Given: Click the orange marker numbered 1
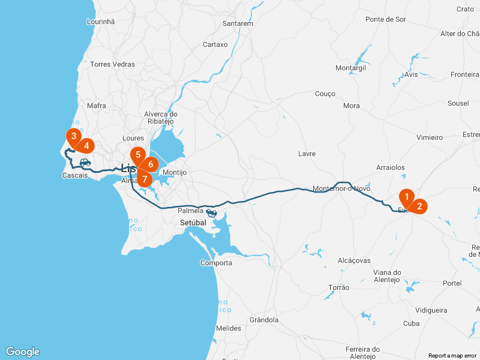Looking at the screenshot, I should pyautogui.click(x=407, y=197).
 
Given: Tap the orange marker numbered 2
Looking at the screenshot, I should pyautogui.click(x=419, y=206).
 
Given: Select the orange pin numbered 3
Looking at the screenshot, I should pyautogui.click(x=73, y=136).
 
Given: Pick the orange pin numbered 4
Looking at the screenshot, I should pyautogui.click(x=86, y=146).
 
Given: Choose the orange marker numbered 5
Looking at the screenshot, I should pyautogui.click(x=138, y=155).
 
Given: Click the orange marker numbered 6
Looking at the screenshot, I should pyautogui.click(x=151, y=164).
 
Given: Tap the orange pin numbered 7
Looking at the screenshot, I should pyautogui.click(x=145, y=178).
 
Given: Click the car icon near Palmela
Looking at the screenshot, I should pyautogui.click(x=211, y=212).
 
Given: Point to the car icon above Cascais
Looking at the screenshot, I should pyautogui.click(x=85, y=162).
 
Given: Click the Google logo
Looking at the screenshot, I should pyautogui.click(x=22, y=352).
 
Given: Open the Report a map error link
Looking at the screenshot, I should pyautogui.click(x=452, y=355).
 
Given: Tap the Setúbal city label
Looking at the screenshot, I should pyautogui.click(x=193, y=223).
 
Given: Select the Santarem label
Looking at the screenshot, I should pyautogui.click(x=238, y=23).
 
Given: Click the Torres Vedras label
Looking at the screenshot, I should pyautogui.click(x=112, y=64).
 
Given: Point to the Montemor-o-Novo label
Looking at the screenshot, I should pyautogui.click(x=341, y=188).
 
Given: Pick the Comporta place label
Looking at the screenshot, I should pyautogui.click(x=216, y=263).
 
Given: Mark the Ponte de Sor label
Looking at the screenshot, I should pyautogui.click(x=385, y=19).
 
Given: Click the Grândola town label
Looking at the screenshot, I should pyautogui.click(x=264, y=320).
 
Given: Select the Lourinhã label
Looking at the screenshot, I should pyautogui.click(x=101, y=21).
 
